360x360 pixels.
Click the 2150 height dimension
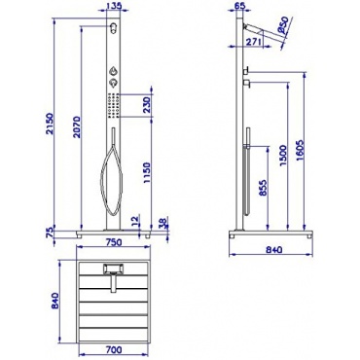pos(49,124)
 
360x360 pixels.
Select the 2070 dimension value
pos(76,126)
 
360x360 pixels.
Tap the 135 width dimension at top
pos(114,5)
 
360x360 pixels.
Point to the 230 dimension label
pos(146,104)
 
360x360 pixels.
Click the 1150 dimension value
pos(146,174)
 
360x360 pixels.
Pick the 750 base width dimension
pos(114,242)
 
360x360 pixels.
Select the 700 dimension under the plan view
pos(114,350)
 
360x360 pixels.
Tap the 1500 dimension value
pos(282,156)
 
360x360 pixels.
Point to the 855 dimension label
pos(263,189)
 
